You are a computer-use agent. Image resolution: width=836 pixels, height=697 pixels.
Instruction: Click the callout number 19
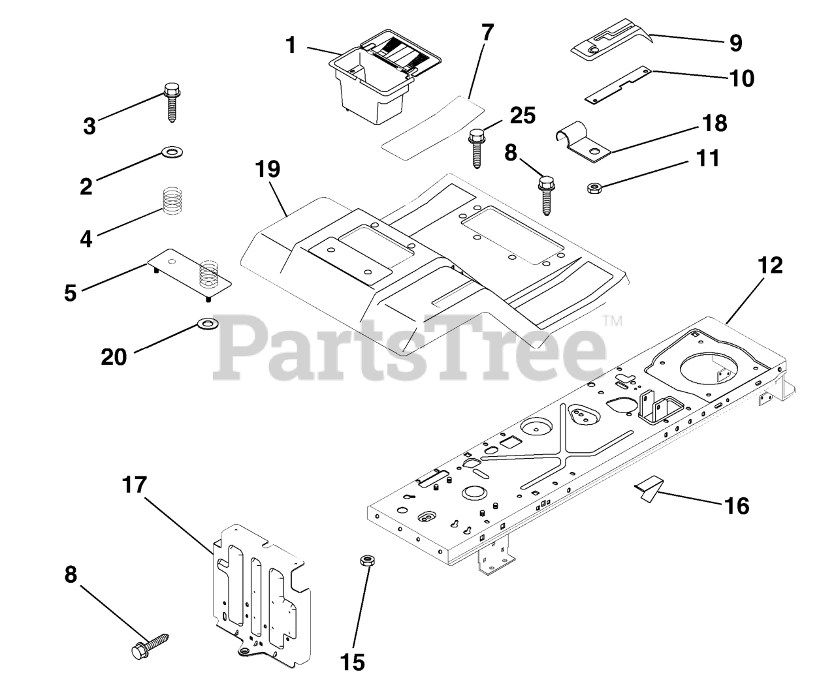268,169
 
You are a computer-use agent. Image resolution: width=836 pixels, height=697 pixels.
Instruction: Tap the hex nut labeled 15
367,560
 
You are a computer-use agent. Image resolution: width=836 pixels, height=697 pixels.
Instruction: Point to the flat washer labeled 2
172,152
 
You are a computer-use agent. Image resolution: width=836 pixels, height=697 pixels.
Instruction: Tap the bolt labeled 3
172,102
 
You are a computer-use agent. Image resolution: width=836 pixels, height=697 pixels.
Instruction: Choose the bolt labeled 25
477,148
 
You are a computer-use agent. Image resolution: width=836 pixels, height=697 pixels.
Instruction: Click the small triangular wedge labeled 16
647,489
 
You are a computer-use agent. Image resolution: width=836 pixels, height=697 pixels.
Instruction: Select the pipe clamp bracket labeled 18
583,142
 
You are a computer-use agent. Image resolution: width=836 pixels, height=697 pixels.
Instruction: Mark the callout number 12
770,266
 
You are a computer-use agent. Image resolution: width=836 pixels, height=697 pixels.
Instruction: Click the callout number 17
135,485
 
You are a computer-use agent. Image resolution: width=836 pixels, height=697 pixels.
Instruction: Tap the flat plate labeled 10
617,85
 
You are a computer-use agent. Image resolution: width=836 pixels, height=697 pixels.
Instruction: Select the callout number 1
291,45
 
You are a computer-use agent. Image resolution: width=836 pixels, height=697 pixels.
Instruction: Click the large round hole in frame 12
708,372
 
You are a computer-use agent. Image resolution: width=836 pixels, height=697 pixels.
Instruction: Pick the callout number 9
735,43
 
